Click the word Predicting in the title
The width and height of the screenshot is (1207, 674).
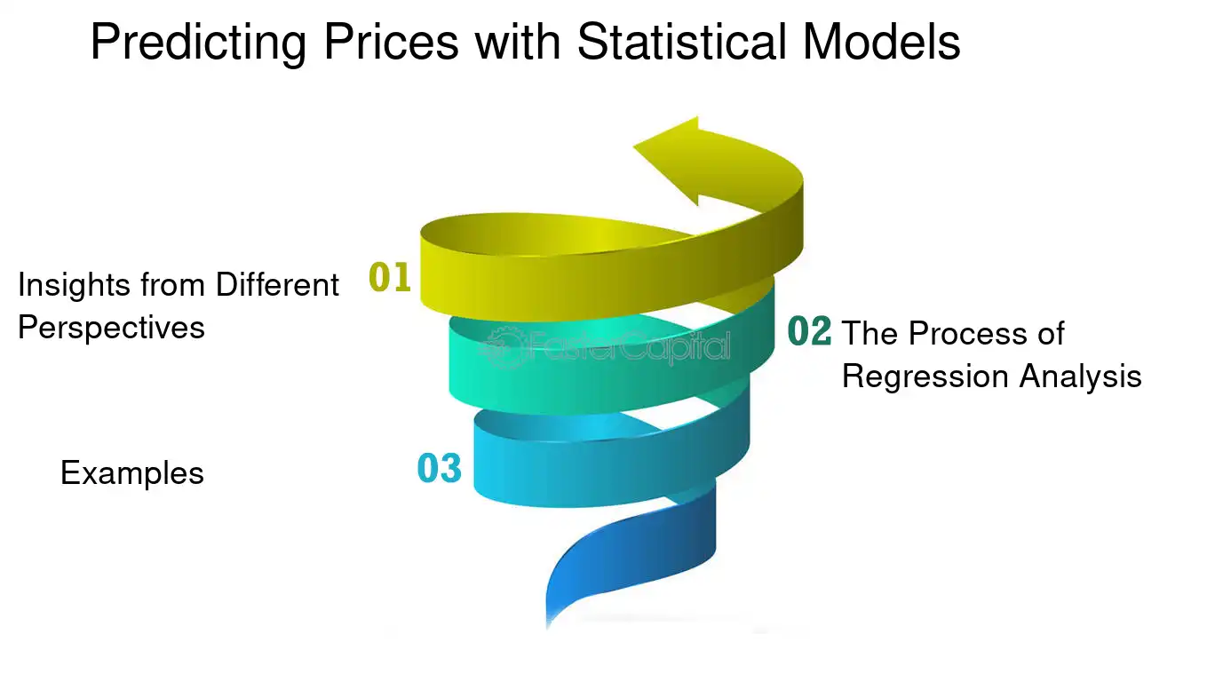[198, 44]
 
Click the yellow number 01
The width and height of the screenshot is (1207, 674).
[390, 277]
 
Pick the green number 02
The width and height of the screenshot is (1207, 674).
[809, 331]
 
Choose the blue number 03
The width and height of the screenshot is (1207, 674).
[440, 468]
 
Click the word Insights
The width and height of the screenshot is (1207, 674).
[75, 286]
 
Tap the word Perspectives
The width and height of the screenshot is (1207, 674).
[111, 329]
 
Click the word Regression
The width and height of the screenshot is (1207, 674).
[925, 377]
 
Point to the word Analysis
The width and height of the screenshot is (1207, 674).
[1080, 377]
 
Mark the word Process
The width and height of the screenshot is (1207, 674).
[968, 333]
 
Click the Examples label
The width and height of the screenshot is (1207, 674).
[132, 473]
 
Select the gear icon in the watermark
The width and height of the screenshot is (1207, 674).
[503, 347]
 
